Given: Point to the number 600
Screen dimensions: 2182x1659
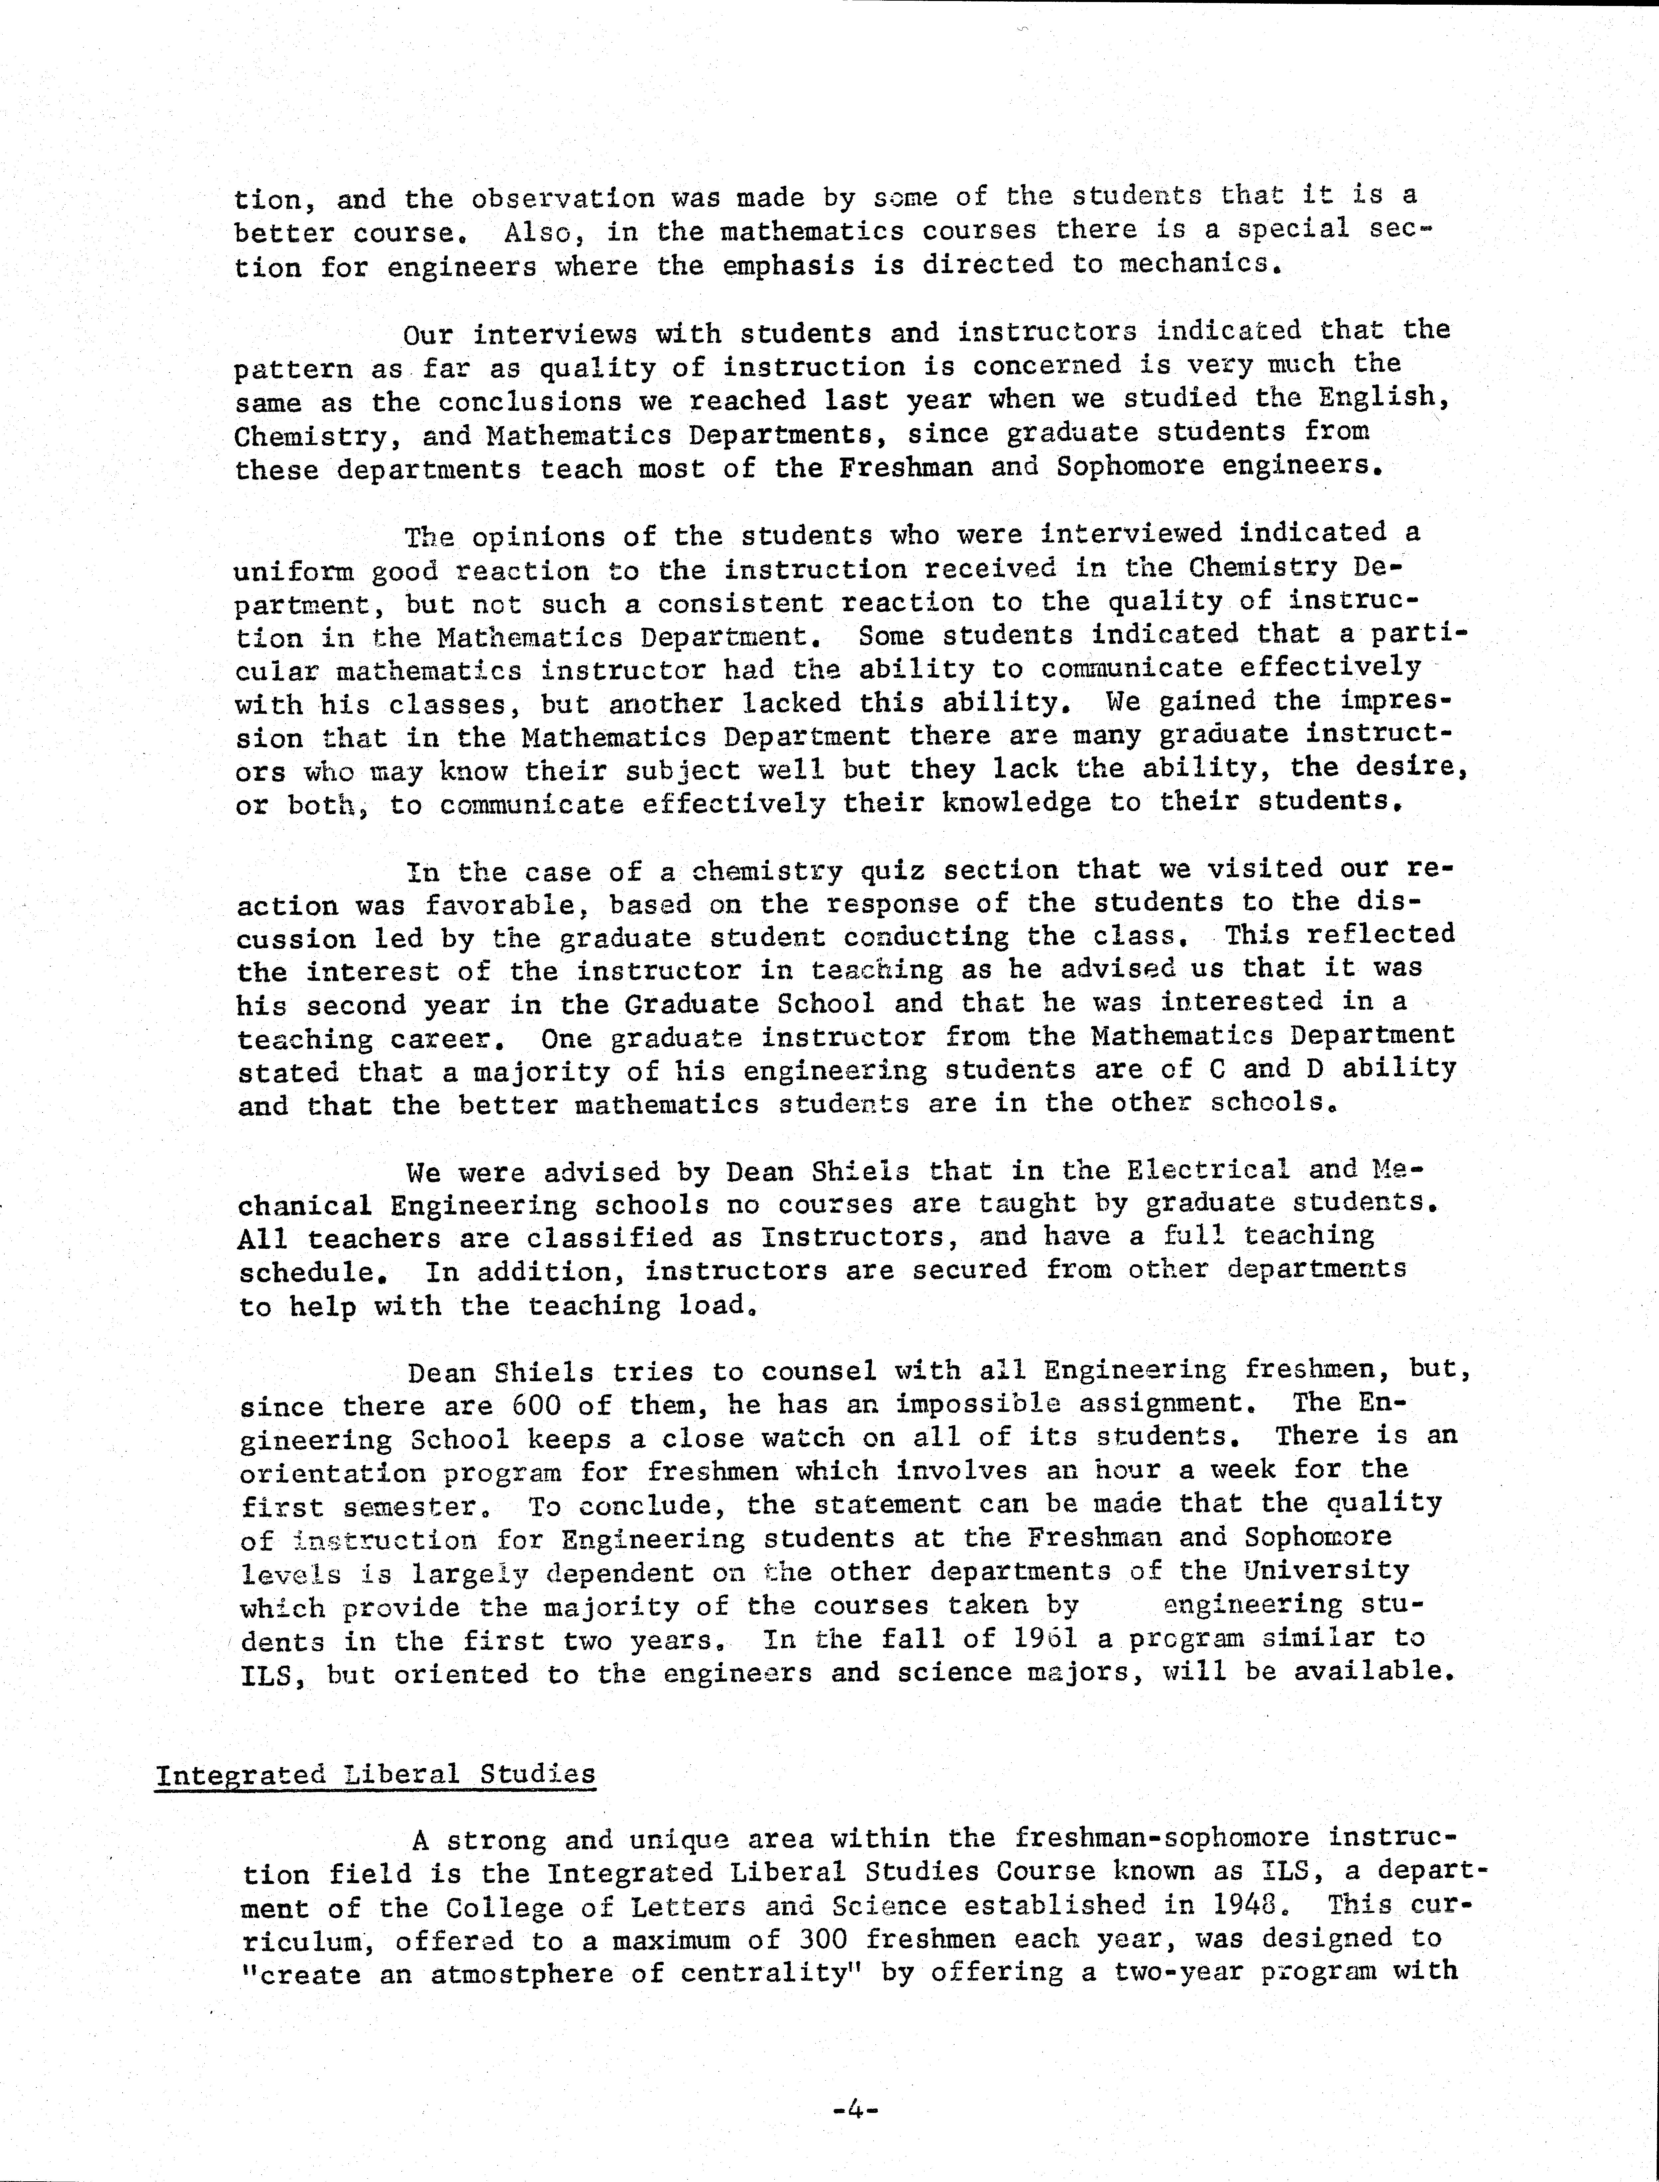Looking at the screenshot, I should [535, 1405].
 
